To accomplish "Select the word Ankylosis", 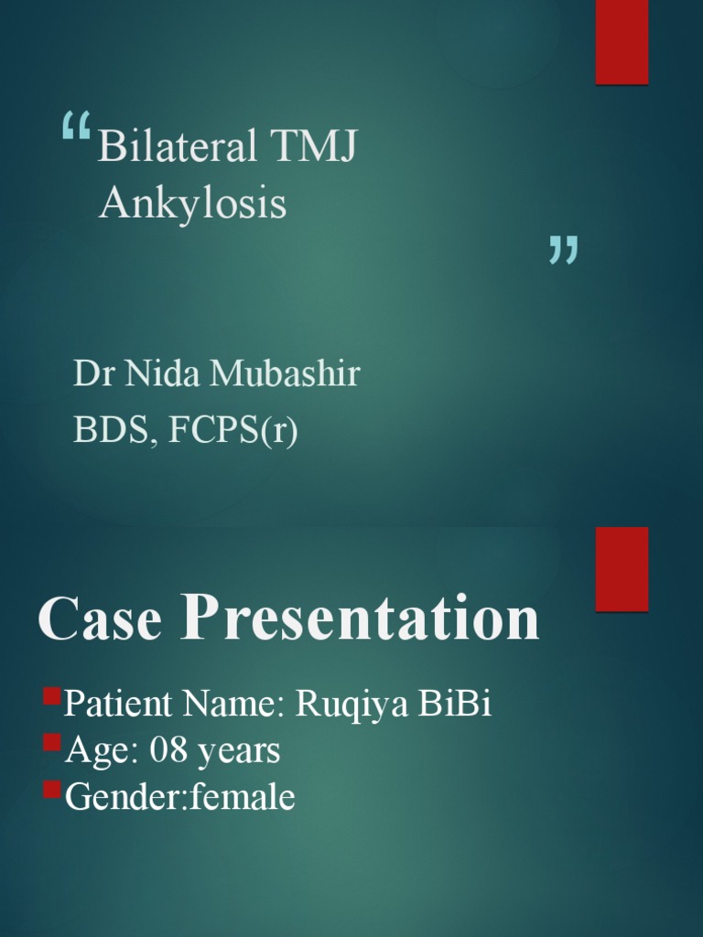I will click(x=192, y=204).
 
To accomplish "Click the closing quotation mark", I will click(x=563, y=250).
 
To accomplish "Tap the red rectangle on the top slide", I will click(x=622, y=42).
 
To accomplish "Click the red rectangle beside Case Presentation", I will click(x=622, y=568).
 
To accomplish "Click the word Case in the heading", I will click(x=100, y=619).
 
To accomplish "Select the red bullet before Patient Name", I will click(x=51, y=701).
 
